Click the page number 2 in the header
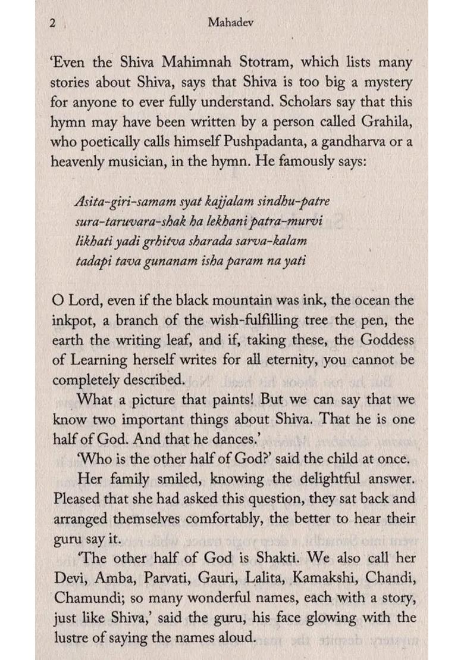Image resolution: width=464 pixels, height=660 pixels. pos(52,24)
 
